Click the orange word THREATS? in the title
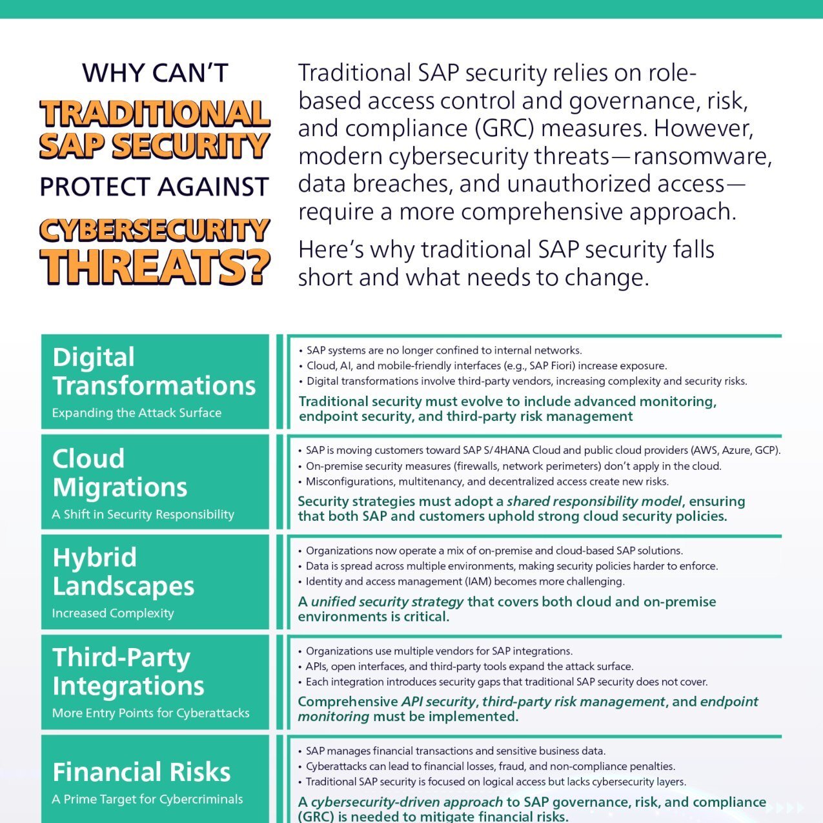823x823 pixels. (x=155, y=267)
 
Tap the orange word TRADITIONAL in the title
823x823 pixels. (x=155, y=114)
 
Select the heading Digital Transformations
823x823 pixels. (x=154, y=371)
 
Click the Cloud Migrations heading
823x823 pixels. (x=119, y=472)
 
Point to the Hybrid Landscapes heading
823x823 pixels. (x=123, y=571)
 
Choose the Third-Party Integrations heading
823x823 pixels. (x=128, y=671)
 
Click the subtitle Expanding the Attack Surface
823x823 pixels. (x=137, y=413)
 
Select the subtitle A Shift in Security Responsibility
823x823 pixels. (x=143, y=514)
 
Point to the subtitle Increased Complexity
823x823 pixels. (x=113, y=613)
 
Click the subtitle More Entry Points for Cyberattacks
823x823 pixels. (x=151, y=713)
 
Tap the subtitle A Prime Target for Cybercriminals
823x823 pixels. (x=147, y=799)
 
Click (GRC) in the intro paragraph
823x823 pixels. (x=504, y=128)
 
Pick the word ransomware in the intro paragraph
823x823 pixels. (x=702, y=156)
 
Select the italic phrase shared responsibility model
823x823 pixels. (x=594, y=501)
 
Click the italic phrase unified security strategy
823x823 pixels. (x=387, y=602)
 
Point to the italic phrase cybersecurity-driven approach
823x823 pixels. (x=407, y=802)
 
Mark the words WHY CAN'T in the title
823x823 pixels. (x=156, y=73)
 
